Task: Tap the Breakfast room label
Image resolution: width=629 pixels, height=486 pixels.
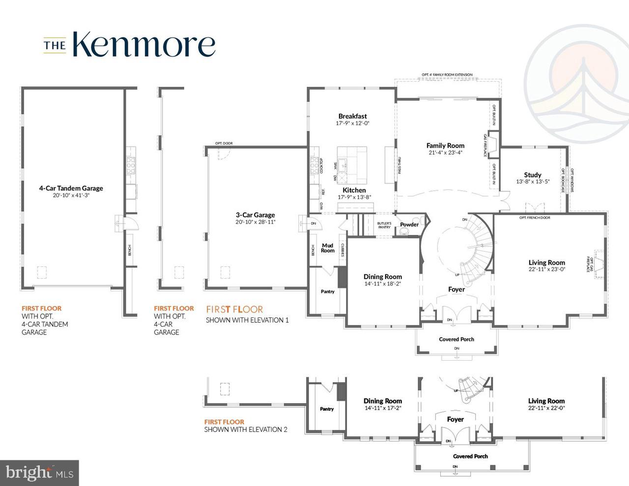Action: pos(352,116)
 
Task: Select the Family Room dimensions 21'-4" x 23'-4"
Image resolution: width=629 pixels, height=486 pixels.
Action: pos(445,152)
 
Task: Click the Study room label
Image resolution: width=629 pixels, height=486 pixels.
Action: pos(532,175)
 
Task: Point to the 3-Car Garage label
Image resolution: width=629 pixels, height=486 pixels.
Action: pos(255,215)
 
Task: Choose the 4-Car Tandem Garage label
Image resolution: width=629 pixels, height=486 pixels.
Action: pos(71,188)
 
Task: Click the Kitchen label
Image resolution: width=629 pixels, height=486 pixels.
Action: pos(354,190)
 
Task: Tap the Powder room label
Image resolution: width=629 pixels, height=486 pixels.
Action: pos(409,225)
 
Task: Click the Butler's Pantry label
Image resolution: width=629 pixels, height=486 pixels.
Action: pos(384,225)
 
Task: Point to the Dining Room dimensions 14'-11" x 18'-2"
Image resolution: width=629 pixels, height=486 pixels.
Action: pos(383,284)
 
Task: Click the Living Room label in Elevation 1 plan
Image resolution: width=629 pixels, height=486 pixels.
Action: pos(546,262)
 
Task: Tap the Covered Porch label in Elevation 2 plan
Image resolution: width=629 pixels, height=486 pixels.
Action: pos(470,457)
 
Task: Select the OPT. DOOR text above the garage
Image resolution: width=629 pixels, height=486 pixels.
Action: pos(224,143)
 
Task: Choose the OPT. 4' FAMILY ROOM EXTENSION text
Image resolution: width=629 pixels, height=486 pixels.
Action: pos(447,75)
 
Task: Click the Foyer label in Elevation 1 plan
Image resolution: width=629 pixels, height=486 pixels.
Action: pos(457,289)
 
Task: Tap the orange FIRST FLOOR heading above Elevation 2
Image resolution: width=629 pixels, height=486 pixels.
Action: pos(224,422)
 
